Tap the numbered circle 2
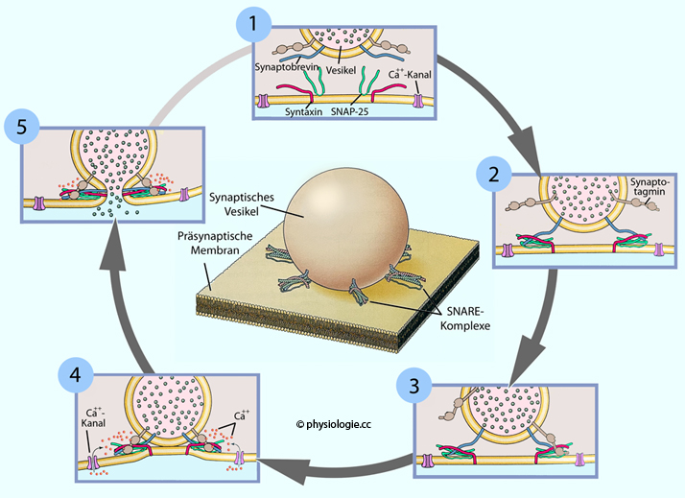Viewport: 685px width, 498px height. tap(494, 176)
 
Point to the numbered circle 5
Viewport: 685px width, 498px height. tap(20, 126)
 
